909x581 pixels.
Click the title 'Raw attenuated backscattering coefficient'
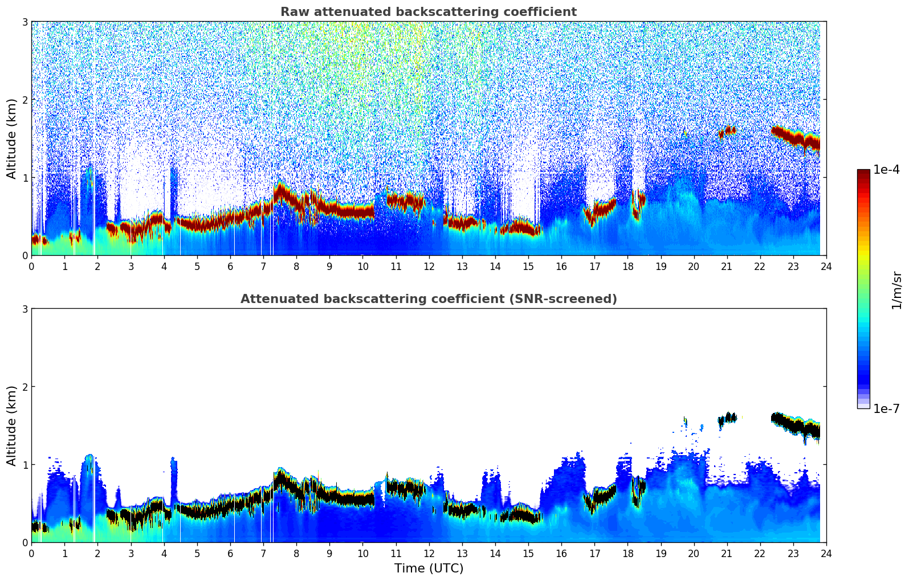[x=428, y=12]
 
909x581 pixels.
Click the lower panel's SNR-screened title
[x=428, y=299]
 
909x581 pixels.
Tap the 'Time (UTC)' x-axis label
[x=429, y=568]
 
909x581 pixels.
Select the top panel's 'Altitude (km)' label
[x=11, y=138]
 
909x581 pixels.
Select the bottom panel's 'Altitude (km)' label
[x=11, y=425]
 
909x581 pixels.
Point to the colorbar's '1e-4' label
[x=886, y=170]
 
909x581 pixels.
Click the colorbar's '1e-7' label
[x=886, y=408]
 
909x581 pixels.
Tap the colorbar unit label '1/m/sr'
[x=896, y=290]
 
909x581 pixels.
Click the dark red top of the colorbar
[x=863, y=173]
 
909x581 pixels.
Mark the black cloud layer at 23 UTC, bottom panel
[x=793, y=424]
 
